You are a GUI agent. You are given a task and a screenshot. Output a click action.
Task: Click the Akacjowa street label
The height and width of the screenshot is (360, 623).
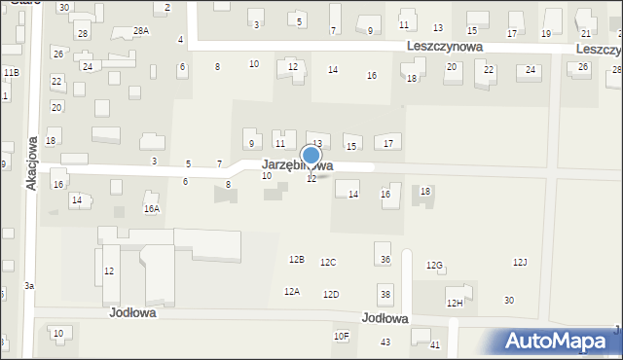31,162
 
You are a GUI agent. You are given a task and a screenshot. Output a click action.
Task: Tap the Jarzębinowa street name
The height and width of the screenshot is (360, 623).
297,166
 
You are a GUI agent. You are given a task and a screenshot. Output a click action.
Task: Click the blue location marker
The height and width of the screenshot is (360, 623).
311,156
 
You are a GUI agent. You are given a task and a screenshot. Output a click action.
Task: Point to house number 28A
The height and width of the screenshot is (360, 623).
141,31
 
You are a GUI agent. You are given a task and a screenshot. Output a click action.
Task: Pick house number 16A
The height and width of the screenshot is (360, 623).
151,208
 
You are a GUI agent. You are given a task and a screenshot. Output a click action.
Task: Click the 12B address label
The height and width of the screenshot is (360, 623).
297,260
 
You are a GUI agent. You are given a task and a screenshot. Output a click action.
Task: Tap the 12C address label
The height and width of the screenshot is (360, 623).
328,263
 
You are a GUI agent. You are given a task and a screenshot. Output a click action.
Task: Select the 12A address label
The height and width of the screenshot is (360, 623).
292,292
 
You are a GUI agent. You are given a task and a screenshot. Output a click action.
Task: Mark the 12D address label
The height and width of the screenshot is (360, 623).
331,295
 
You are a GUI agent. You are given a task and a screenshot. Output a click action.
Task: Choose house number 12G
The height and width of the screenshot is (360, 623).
434,266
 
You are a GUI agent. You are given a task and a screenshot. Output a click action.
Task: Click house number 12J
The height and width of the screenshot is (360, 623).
520,263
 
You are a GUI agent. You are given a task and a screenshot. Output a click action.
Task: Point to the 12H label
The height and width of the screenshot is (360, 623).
455,304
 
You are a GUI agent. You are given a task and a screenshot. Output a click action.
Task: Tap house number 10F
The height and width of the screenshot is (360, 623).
341,337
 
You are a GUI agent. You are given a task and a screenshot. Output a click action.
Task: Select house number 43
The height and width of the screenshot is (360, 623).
385,342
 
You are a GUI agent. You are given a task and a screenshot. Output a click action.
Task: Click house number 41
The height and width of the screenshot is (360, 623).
435,345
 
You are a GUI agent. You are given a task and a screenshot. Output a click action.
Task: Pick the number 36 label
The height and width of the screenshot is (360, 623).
385,260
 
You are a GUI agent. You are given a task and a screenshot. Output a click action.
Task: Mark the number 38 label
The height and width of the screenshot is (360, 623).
385,295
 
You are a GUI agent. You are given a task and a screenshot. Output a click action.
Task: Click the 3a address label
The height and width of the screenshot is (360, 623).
29,285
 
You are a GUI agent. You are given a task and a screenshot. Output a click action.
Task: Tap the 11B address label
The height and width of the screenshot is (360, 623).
10,73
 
